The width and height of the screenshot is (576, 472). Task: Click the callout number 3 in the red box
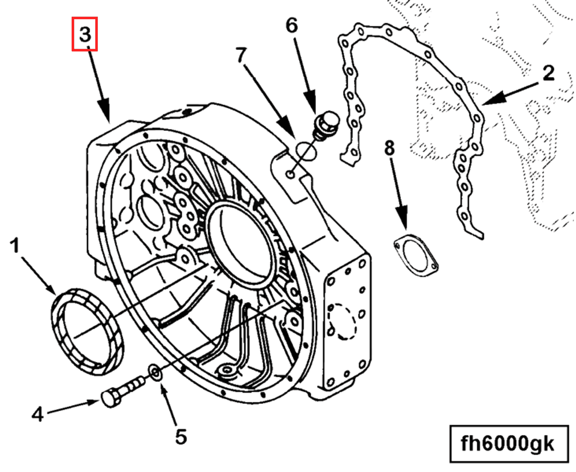pyautogui.click(x=85, y=34)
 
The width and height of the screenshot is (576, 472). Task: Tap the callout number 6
pyautogui.click(x=292, y=26)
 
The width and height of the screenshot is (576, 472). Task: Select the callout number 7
pyautogui.click(x=241, y=55)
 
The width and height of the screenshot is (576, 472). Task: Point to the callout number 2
pyautogui.click(x=549, y=73)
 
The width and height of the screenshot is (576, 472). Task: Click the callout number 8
pyautogui.click(x=389, y=148)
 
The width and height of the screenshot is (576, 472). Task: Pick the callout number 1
pyautogui.click(x=15, y=245)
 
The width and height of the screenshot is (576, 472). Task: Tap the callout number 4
pyautogui.click(x=38, y=414)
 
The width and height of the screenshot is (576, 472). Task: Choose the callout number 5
pyautogui.click(x=181, y=437)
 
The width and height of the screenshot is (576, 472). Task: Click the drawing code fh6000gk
pyautogui.click(x=508, y=444)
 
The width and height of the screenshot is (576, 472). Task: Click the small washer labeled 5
pyautogui.click(x=155, y=373)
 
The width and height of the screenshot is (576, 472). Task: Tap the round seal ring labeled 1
pyautogui.click(x=87, y=331)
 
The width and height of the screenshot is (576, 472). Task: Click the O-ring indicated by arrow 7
pyautogui.click(x=306, y=151)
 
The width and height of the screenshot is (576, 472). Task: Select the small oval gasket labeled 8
pyautogui.click(x=416, y=255)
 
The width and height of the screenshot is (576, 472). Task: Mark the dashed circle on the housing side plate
pyautogui.click(x=342, y=322)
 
